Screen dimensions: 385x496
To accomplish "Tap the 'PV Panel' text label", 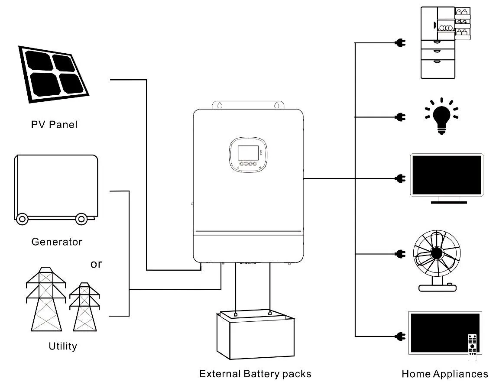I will click(x=54, y=125).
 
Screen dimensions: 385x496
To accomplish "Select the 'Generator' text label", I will click(x=57, y=242).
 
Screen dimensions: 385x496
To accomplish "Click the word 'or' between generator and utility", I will click(x=96, y=264).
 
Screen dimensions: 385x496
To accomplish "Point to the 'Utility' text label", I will click(x=63, y=346).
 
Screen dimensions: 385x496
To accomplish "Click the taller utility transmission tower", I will click(x=46, y=299).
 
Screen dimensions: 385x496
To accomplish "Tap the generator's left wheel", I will click(x=22, y=219).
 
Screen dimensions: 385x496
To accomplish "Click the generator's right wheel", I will click(x=81, y=219).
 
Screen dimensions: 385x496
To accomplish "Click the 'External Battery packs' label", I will click(x=255, y=373).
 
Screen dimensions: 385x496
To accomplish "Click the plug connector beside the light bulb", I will click(x=400, y=116).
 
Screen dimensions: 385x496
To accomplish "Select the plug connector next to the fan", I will click(x=400, y=253).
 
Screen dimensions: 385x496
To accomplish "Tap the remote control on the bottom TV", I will click(x=472, y=346).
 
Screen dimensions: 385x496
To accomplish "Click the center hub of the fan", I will click(x=436, y=253).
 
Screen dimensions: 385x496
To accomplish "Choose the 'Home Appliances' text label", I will click(x=444, y=374).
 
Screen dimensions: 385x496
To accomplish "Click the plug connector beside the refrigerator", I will click(x=400, y=43).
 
